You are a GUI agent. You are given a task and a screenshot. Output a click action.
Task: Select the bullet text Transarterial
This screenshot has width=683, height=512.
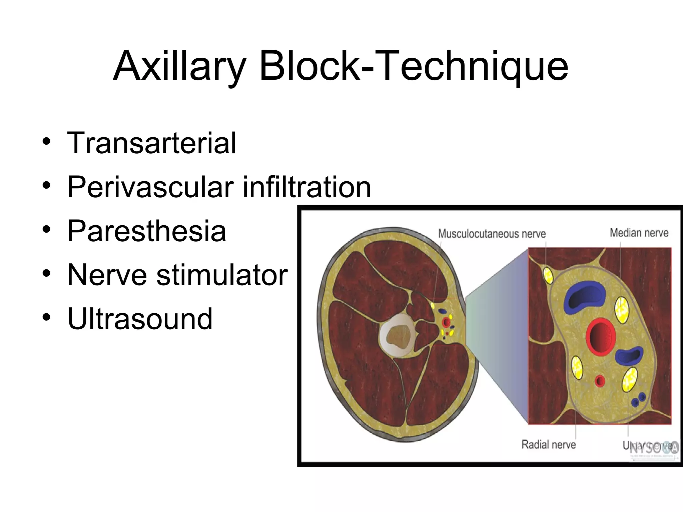pyautogui.click(x=152, y=143)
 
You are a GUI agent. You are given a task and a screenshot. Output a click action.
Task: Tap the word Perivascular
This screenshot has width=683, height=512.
pyautogui.click(x=150, y=187)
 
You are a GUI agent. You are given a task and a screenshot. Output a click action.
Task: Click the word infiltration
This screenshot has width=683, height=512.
pyautogui.click(x=307, y=187)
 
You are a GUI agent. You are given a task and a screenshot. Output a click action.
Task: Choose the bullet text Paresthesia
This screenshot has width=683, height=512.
pyautogui.click(x=147, y=231)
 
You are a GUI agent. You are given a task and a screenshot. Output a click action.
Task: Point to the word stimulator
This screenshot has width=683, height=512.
pyautogui.click(x=222, y=275)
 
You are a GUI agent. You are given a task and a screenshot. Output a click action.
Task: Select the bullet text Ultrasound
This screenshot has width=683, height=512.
pyautogui.click(x=140, y=319)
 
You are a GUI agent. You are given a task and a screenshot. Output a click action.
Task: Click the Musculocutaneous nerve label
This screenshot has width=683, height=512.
pyautogui.click(x=492, y=234)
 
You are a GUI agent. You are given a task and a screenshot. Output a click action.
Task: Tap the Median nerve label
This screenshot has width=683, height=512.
pyautogui.click(x=639, y=233)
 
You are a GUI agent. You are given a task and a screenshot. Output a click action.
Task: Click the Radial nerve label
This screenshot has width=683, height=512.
pyautogui.click(x=549, y=444)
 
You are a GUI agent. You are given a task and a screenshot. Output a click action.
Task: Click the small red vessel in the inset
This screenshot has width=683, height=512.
pyautogui.click(x=600, y=381)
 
